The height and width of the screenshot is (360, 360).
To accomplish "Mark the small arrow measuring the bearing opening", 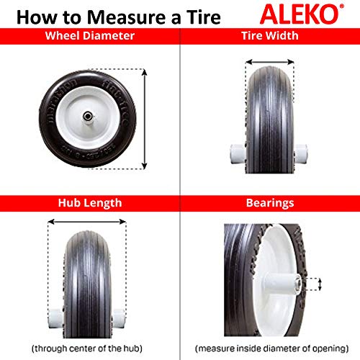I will point(311,284).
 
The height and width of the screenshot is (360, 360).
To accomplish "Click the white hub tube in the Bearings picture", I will point(284,283).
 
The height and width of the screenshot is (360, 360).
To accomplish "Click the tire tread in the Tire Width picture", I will point(269,108).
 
